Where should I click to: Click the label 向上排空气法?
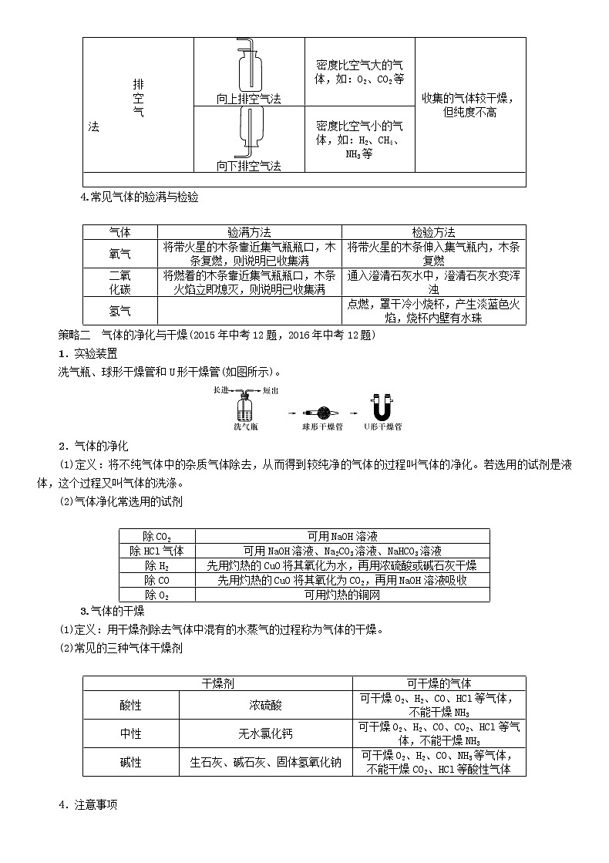click(248, 99)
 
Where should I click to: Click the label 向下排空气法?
click(248, 166)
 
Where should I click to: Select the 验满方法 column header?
click(249, 232)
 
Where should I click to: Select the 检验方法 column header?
click(433, 232)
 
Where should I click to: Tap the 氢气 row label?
click(120, 311)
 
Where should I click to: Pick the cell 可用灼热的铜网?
click(342, 595)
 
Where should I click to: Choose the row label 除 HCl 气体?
click(156, 551)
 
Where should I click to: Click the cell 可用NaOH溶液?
click(342, 536)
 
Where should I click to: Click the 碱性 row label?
click(131, 762)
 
